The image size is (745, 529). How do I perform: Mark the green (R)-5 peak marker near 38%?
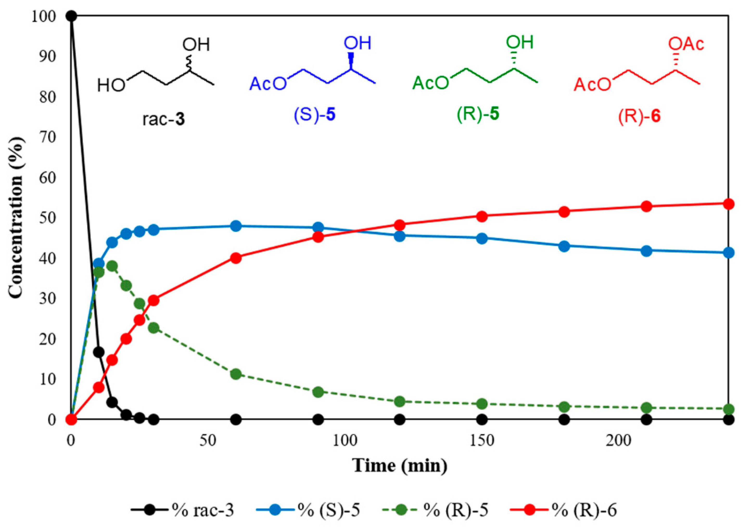pyautogui.click(x=112, y=266)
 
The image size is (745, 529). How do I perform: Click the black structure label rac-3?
pyautogui.click(x=163, y=119)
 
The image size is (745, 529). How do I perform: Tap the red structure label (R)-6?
pyautogui.click(x=639, y=117)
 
